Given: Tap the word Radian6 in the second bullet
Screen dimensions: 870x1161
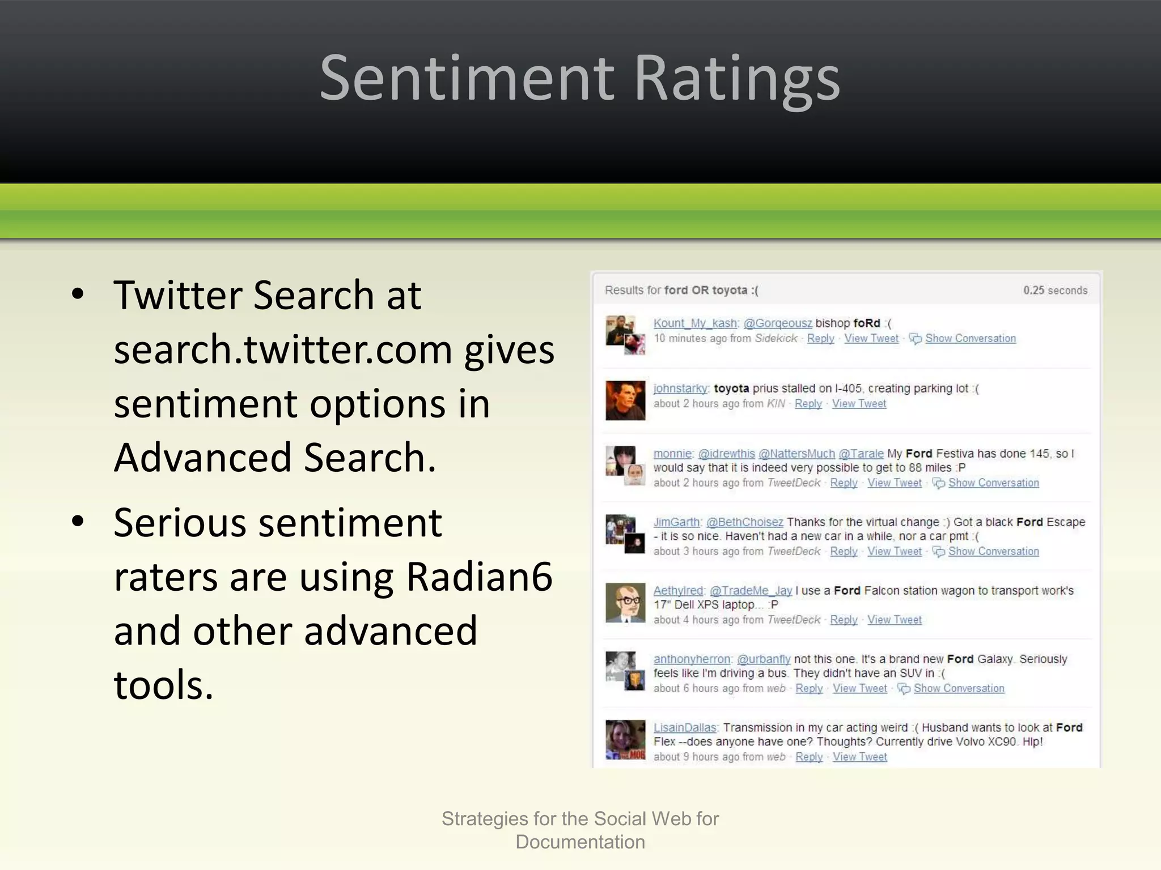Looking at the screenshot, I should click(x=479, y=577).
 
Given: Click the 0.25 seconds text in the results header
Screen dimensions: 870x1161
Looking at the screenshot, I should click(x=1055, y=291).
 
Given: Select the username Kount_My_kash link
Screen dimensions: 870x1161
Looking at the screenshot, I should click(x=695, y=323).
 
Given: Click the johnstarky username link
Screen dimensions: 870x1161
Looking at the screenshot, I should click(x=680, y=389).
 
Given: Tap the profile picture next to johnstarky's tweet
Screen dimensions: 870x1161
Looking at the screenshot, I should click(x=625, y=400).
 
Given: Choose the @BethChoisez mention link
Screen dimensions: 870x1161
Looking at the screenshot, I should click(x=744, y=522).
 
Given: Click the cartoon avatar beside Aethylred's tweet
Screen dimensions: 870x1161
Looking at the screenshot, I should click(x=625, y=603).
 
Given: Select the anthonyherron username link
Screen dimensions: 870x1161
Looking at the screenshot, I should click(x=692, y=659).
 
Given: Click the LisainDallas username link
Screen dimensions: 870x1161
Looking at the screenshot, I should click(x=685, y=728).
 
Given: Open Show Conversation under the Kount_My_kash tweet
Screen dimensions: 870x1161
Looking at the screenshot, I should click(x=970, y=339).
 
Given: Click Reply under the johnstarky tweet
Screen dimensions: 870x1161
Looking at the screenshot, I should click(x=808, y=404).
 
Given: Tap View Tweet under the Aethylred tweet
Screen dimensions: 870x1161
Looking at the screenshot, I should click(x=894, y=620).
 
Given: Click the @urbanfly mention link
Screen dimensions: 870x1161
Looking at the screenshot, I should click(x=763, y=659).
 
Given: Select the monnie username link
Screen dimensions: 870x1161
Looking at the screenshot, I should click(x=672, y=454).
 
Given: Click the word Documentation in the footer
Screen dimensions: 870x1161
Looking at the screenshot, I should click(x=580, y=842).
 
